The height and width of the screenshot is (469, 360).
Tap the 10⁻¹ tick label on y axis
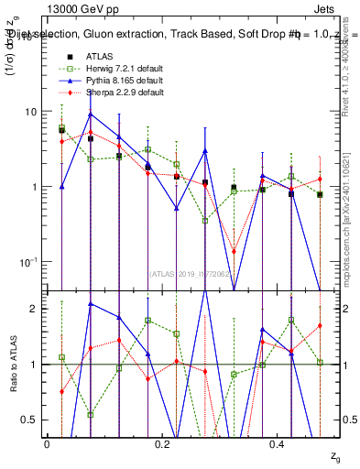pos(27,262)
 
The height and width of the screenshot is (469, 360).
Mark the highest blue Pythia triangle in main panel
pos(90,115)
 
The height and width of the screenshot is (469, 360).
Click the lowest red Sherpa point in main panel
pos(234,251)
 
